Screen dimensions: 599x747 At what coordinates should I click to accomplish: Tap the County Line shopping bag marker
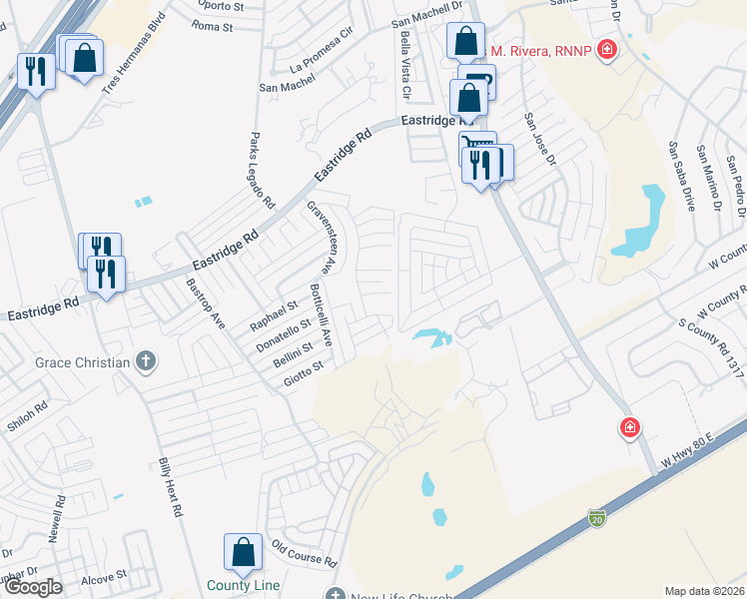click(243, 552)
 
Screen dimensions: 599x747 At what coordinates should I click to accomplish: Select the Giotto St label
click(304, 374)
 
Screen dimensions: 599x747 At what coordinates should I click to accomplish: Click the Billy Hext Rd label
click(171, 487)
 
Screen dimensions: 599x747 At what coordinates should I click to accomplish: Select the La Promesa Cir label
click(321, 62)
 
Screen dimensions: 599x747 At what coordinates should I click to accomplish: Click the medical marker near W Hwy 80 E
click(630, 428)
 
